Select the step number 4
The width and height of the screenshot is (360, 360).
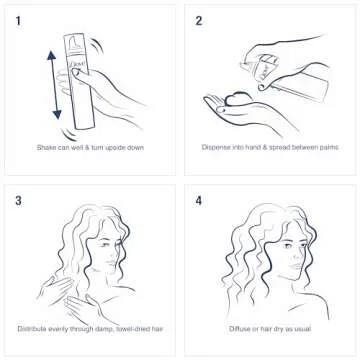coord(199,199)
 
